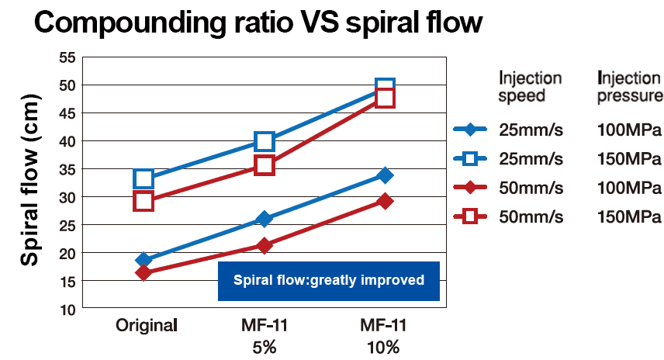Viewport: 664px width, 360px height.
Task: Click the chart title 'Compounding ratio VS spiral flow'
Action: pyautogui.click(x=258, y=22)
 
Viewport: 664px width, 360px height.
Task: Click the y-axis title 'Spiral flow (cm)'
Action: pyautogui.click(x=29, y=182)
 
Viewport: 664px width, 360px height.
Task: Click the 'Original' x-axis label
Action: pyautogui.click(x=147, y=324)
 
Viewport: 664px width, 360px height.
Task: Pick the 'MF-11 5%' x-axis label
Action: pyautogui.click(x=265, y=335)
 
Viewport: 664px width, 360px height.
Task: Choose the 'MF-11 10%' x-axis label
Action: pyautogui.click(x=383, y=335)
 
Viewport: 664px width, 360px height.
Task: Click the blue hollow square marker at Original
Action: pyautogui.click(x=144, y=178)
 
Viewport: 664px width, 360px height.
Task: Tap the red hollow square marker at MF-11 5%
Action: pyautogui.click(x=265, y=165)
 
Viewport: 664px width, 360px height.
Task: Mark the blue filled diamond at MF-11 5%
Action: pyautogui.click(x=265, y=219)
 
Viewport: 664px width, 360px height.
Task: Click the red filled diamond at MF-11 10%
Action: pyautogui.click(x=385, y=201)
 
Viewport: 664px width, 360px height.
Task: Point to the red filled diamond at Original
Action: pyautogui.click(x=144, y=272)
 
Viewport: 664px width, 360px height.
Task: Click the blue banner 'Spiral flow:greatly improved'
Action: pyautogui.click(x=329, y=280)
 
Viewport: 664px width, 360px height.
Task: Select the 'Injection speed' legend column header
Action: pyautogui.click(x=531, y=87)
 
